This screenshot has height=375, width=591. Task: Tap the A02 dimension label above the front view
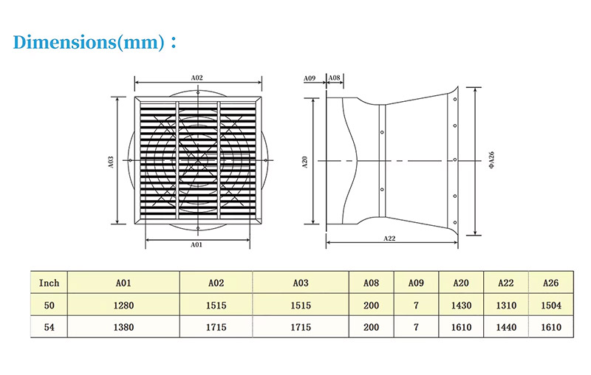coord(197,78)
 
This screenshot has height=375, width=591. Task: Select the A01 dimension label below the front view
coord(197,245)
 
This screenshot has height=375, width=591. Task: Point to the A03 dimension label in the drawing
coord(111,162)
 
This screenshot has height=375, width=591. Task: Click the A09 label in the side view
coord(310,78)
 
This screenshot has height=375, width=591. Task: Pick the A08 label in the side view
coord(335,78)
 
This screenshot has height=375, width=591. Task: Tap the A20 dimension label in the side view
coord(305,162)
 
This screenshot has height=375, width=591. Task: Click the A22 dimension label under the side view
coord(390,238)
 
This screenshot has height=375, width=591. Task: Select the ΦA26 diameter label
coord(491,160)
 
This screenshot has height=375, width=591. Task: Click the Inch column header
coord(49,283)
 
